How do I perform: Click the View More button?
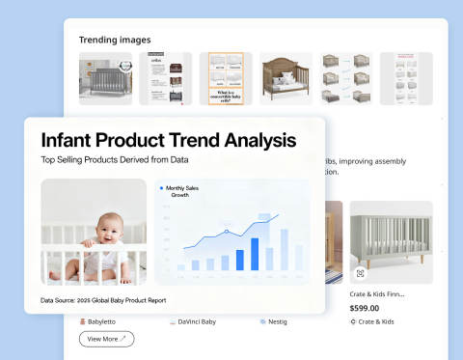(106, 339)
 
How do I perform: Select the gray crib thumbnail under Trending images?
(104, 78)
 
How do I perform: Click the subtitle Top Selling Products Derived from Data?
(114, 161)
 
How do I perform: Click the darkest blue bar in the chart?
(256, 254)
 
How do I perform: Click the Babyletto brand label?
(107, 321)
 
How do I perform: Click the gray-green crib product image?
(391, 241)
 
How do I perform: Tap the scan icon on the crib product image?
(360, 273)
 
